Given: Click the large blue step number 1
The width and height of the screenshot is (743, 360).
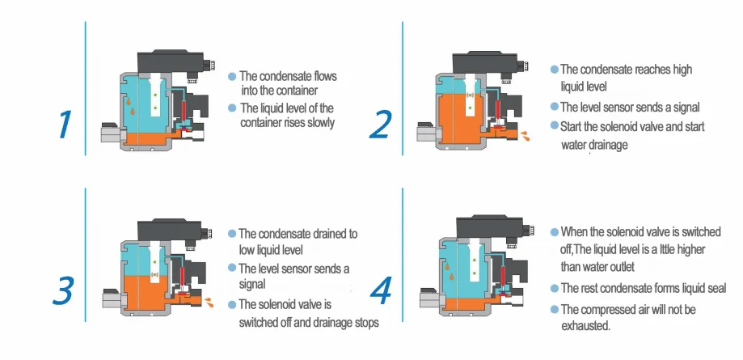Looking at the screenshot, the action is (x=65, y=125).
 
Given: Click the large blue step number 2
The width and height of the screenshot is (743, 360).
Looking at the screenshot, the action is (x=381, y=125).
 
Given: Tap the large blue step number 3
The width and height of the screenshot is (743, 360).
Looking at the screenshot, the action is (x=62, y=290).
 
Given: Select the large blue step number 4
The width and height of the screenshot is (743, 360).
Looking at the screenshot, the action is (x=381, y=291).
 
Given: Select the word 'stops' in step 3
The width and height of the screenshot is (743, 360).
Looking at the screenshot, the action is (x=366, y=324).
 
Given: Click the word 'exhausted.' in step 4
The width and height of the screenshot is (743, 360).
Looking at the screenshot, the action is (x=585, y=326).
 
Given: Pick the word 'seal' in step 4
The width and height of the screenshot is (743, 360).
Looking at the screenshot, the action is (x=716, y=288).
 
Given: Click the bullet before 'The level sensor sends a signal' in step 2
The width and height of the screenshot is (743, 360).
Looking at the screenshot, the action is (x=554, y=108).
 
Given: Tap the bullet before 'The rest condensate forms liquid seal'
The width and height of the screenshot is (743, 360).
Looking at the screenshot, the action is (x=555, y=288).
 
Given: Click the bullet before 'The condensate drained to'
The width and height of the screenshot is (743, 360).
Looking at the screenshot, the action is (x=232, y=233).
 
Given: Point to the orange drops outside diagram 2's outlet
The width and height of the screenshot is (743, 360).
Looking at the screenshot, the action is (x=525, y=136).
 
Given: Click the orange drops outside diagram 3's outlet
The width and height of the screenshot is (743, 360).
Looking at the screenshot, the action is (x=209, y=302).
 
